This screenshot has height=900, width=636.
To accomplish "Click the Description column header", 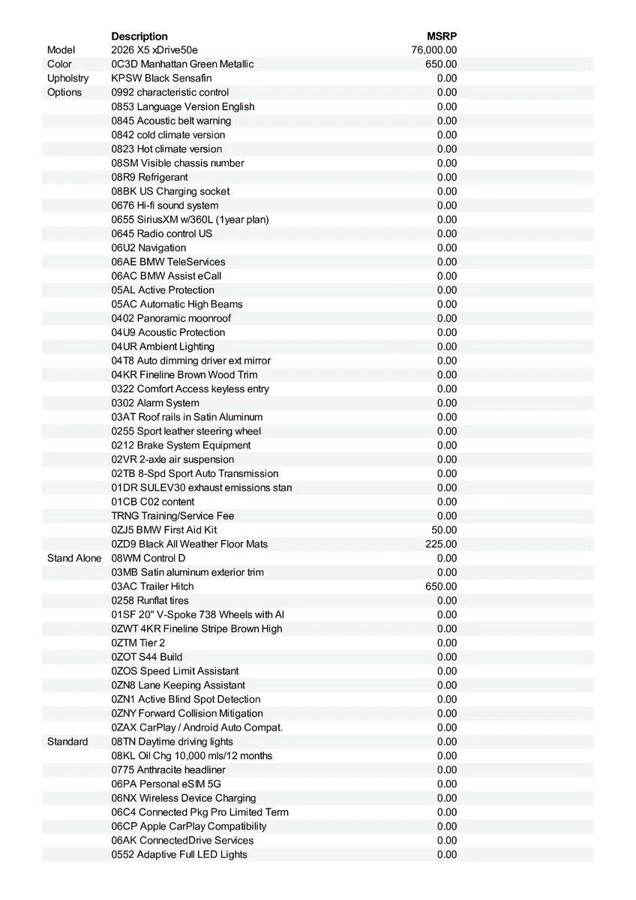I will point(139,36).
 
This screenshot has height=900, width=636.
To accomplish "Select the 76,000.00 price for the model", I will point(434,50).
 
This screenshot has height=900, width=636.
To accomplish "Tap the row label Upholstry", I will point(67,78).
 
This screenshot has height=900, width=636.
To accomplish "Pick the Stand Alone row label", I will point(74,558).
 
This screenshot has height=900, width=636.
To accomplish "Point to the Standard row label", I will point(67,742).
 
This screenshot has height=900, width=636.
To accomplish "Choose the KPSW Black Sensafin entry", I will point(161,78).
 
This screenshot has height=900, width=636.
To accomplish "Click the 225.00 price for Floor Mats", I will point(441,544).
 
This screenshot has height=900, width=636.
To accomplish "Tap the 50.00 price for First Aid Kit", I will point(444,529).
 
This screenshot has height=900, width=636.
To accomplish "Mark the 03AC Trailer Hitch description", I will point(152,586).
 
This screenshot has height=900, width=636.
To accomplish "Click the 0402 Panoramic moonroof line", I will point(171,318).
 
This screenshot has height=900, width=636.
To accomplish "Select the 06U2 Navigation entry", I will point(148,247).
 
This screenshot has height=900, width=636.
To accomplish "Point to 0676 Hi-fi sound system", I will point(165,205).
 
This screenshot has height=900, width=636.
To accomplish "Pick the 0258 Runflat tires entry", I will point(150,601).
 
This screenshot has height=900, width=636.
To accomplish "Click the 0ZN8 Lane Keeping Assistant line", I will point(178,685).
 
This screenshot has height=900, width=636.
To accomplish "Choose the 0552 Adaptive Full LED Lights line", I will point(179,854).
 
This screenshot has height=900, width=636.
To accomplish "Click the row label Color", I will point(59,64).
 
